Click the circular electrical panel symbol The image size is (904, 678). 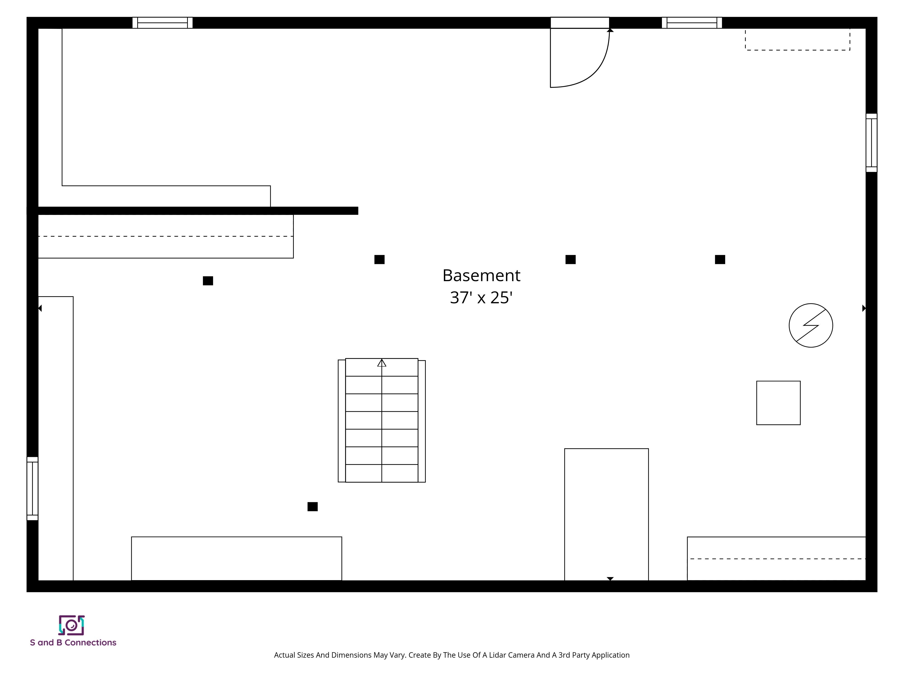pyautogui.click(x=811, y=325)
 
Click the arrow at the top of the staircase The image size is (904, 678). pyautogui.click(x=382, y=363)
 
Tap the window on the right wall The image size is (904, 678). pyautogui.click(x=871, y=143)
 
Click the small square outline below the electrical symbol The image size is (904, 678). pyautogui.click(x=778, y=403)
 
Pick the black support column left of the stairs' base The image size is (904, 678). pyautogui.click(x=313, y=507)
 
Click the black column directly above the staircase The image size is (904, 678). pyautogui.click(x=379, y=259)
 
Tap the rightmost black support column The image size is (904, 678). pyautogui.click(x=720, y=259)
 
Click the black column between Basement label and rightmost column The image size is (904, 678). pyautogui.click(x=570, y=259)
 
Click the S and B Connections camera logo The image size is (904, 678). pyautogui.click(x=71, y=625)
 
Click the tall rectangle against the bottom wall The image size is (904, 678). pyautogui.click(x=607, y=515)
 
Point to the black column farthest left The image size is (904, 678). pyautogui.click(x=208, y=281)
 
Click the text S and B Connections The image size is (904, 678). pyautogui.click(x=73, y=643)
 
